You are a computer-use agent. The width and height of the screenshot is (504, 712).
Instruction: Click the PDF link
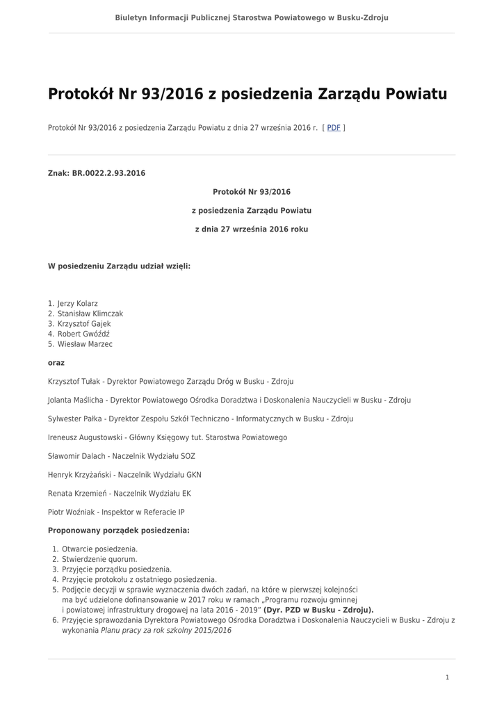pyautogui.click(x=334, y=128)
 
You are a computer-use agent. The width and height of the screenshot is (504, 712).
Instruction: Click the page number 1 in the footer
pyautogui.click(x=447, y=677)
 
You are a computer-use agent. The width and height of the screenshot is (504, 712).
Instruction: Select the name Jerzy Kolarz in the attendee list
pyautogui.click(x=77, y=304)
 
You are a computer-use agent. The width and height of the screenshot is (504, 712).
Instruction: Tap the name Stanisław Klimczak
pyautogui.click(x=90, y=314)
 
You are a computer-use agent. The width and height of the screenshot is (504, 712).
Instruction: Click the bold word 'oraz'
pyautogui.click(x=56, y=362)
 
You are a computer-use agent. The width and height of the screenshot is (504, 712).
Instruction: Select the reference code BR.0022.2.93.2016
pyautogui.click(x=108, y=173)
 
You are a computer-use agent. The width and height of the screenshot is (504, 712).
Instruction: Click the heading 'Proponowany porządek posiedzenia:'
pyautogui.click(x=118, y=531)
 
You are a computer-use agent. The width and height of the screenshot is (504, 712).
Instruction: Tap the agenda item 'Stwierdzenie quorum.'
pyautogui.click(x=99, y=559)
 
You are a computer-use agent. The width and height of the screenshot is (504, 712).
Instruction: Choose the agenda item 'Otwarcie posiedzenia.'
pyautogui.click(x=99, y=549)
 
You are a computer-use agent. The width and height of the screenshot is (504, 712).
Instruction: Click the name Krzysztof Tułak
pyautogui.click(x=74, y=382)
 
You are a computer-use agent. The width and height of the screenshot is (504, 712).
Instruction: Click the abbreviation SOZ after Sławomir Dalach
pyautogui.click(x=188, y=456)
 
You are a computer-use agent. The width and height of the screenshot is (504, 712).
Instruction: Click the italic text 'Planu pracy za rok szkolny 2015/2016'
pyautogui.click(x=166, y=631)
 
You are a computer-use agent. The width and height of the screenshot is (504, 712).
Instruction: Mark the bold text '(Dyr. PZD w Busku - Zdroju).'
pyautogui.click(x=318, y=610)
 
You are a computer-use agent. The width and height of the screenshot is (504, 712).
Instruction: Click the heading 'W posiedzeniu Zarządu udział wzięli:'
pyautogui.click(x=119, y=266)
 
